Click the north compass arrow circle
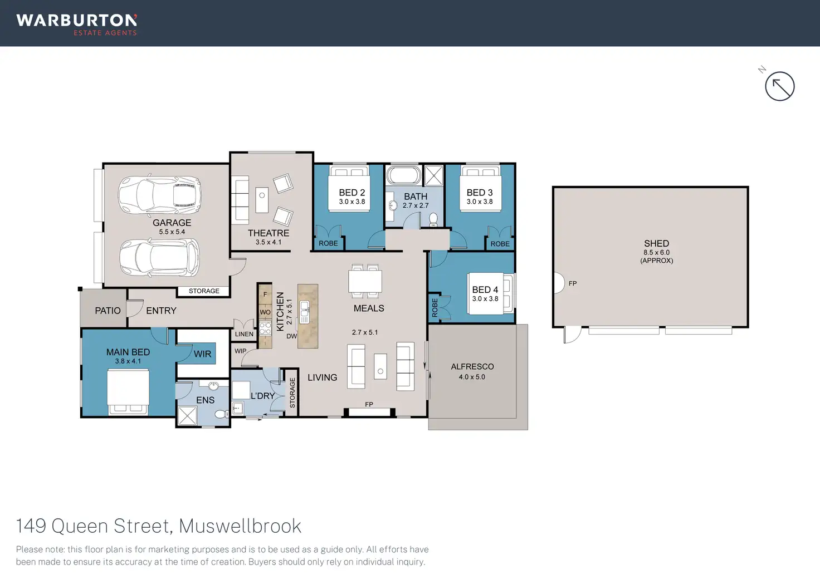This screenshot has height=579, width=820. tap(780, 86)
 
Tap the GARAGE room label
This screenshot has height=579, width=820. tap(172, 222)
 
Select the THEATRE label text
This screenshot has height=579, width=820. tap(269, 233)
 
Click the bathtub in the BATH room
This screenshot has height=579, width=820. tap(404, 175)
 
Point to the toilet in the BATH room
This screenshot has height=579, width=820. tap(433, 219)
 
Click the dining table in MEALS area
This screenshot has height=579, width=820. tap(365, 281)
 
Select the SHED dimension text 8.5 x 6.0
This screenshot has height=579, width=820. tap(656, 252)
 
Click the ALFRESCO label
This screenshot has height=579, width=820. tap(472, 366)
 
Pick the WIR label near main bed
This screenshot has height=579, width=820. tap(202, 354)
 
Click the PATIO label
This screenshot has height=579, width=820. tap(108, 311)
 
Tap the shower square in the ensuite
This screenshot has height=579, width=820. tap(187, 416)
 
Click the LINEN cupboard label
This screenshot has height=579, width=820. tap(244, 334)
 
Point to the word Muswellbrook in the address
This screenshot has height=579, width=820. tap(240, 526)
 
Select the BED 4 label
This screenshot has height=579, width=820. tap(485, 289)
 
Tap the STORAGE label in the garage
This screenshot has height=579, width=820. tap(204, 291)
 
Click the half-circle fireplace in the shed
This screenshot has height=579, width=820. tap(559, 283)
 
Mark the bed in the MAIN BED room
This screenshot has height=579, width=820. tap(128, 392)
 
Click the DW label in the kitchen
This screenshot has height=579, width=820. tap(291, 336)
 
